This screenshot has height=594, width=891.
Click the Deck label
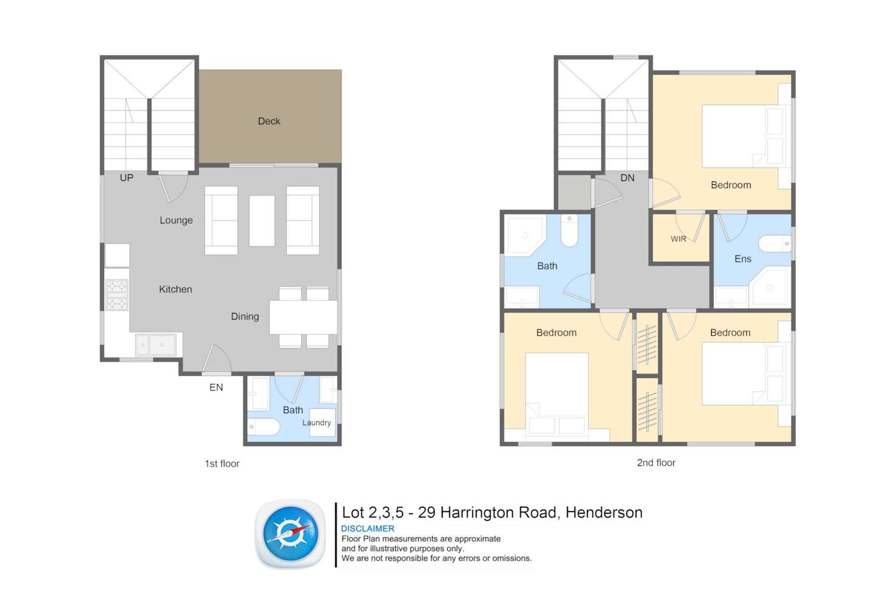(x=269, y=121)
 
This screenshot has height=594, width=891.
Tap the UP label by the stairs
(x=126, y=178)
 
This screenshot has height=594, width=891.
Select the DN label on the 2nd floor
(x=627, y=178)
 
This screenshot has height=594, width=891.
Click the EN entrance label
(x=216, y=387)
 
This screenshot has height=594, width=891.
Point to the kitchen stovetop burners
(x=117, y=295)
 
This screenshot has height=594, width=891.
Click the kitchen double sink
(x=155, y=345)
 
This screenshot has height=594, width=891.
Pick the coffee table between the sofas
(x=262, y=220)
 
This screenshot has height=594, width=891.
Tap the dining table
(x=303, y=317)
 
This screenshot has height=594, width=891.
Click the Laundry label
(x=317, y=423)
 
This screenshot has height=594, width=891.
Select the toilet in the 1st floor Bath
(x=263, y=426)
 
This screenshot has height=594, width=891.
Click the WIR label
(x=678, y=239)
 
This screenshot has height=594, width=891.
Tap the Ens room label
(x=742, y=259)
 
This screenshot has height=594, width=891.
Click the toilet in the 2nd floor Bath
(x=569, y=230)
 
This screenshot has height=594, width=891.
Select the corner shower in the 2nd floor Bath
(x=525, y=235)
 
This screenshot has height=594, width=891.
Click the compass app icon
(x=291, y=534)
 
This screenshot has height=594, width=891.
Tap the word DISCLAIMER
(x=367, y=529)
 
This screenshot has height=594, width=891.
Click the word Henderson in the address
(x=604, y=512)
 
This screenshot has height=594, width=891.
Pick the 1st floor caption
(x=222, y=464)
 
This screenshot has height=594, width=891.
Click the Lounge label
(x=176, y=220)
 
